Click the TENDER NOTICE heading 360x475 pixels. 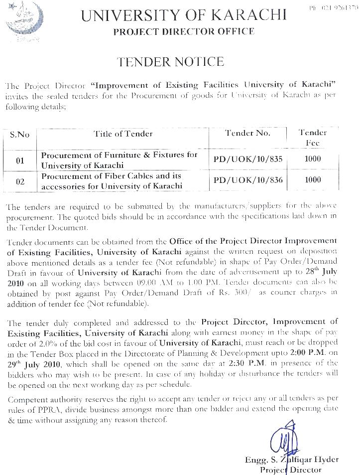[170, 62]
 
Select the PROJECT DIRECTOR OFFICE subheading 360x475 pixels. [184, 31]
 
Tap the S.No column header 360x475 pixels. [20, 135]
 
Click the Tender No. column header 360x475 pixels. [248, 133]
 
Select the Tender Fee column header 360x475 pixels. [313, 138]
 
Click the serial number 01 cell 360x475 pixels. [20, 160]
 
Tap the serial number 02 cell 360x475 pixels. [20, 181]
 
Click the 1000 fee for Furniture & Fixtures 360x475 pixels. [313, 159]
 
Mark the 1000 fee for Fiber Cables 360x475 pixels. [313, 180]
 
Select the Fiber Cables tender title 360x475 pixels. [112, 181]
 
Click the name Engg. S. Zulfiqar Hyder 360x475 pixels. [291, 460]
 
